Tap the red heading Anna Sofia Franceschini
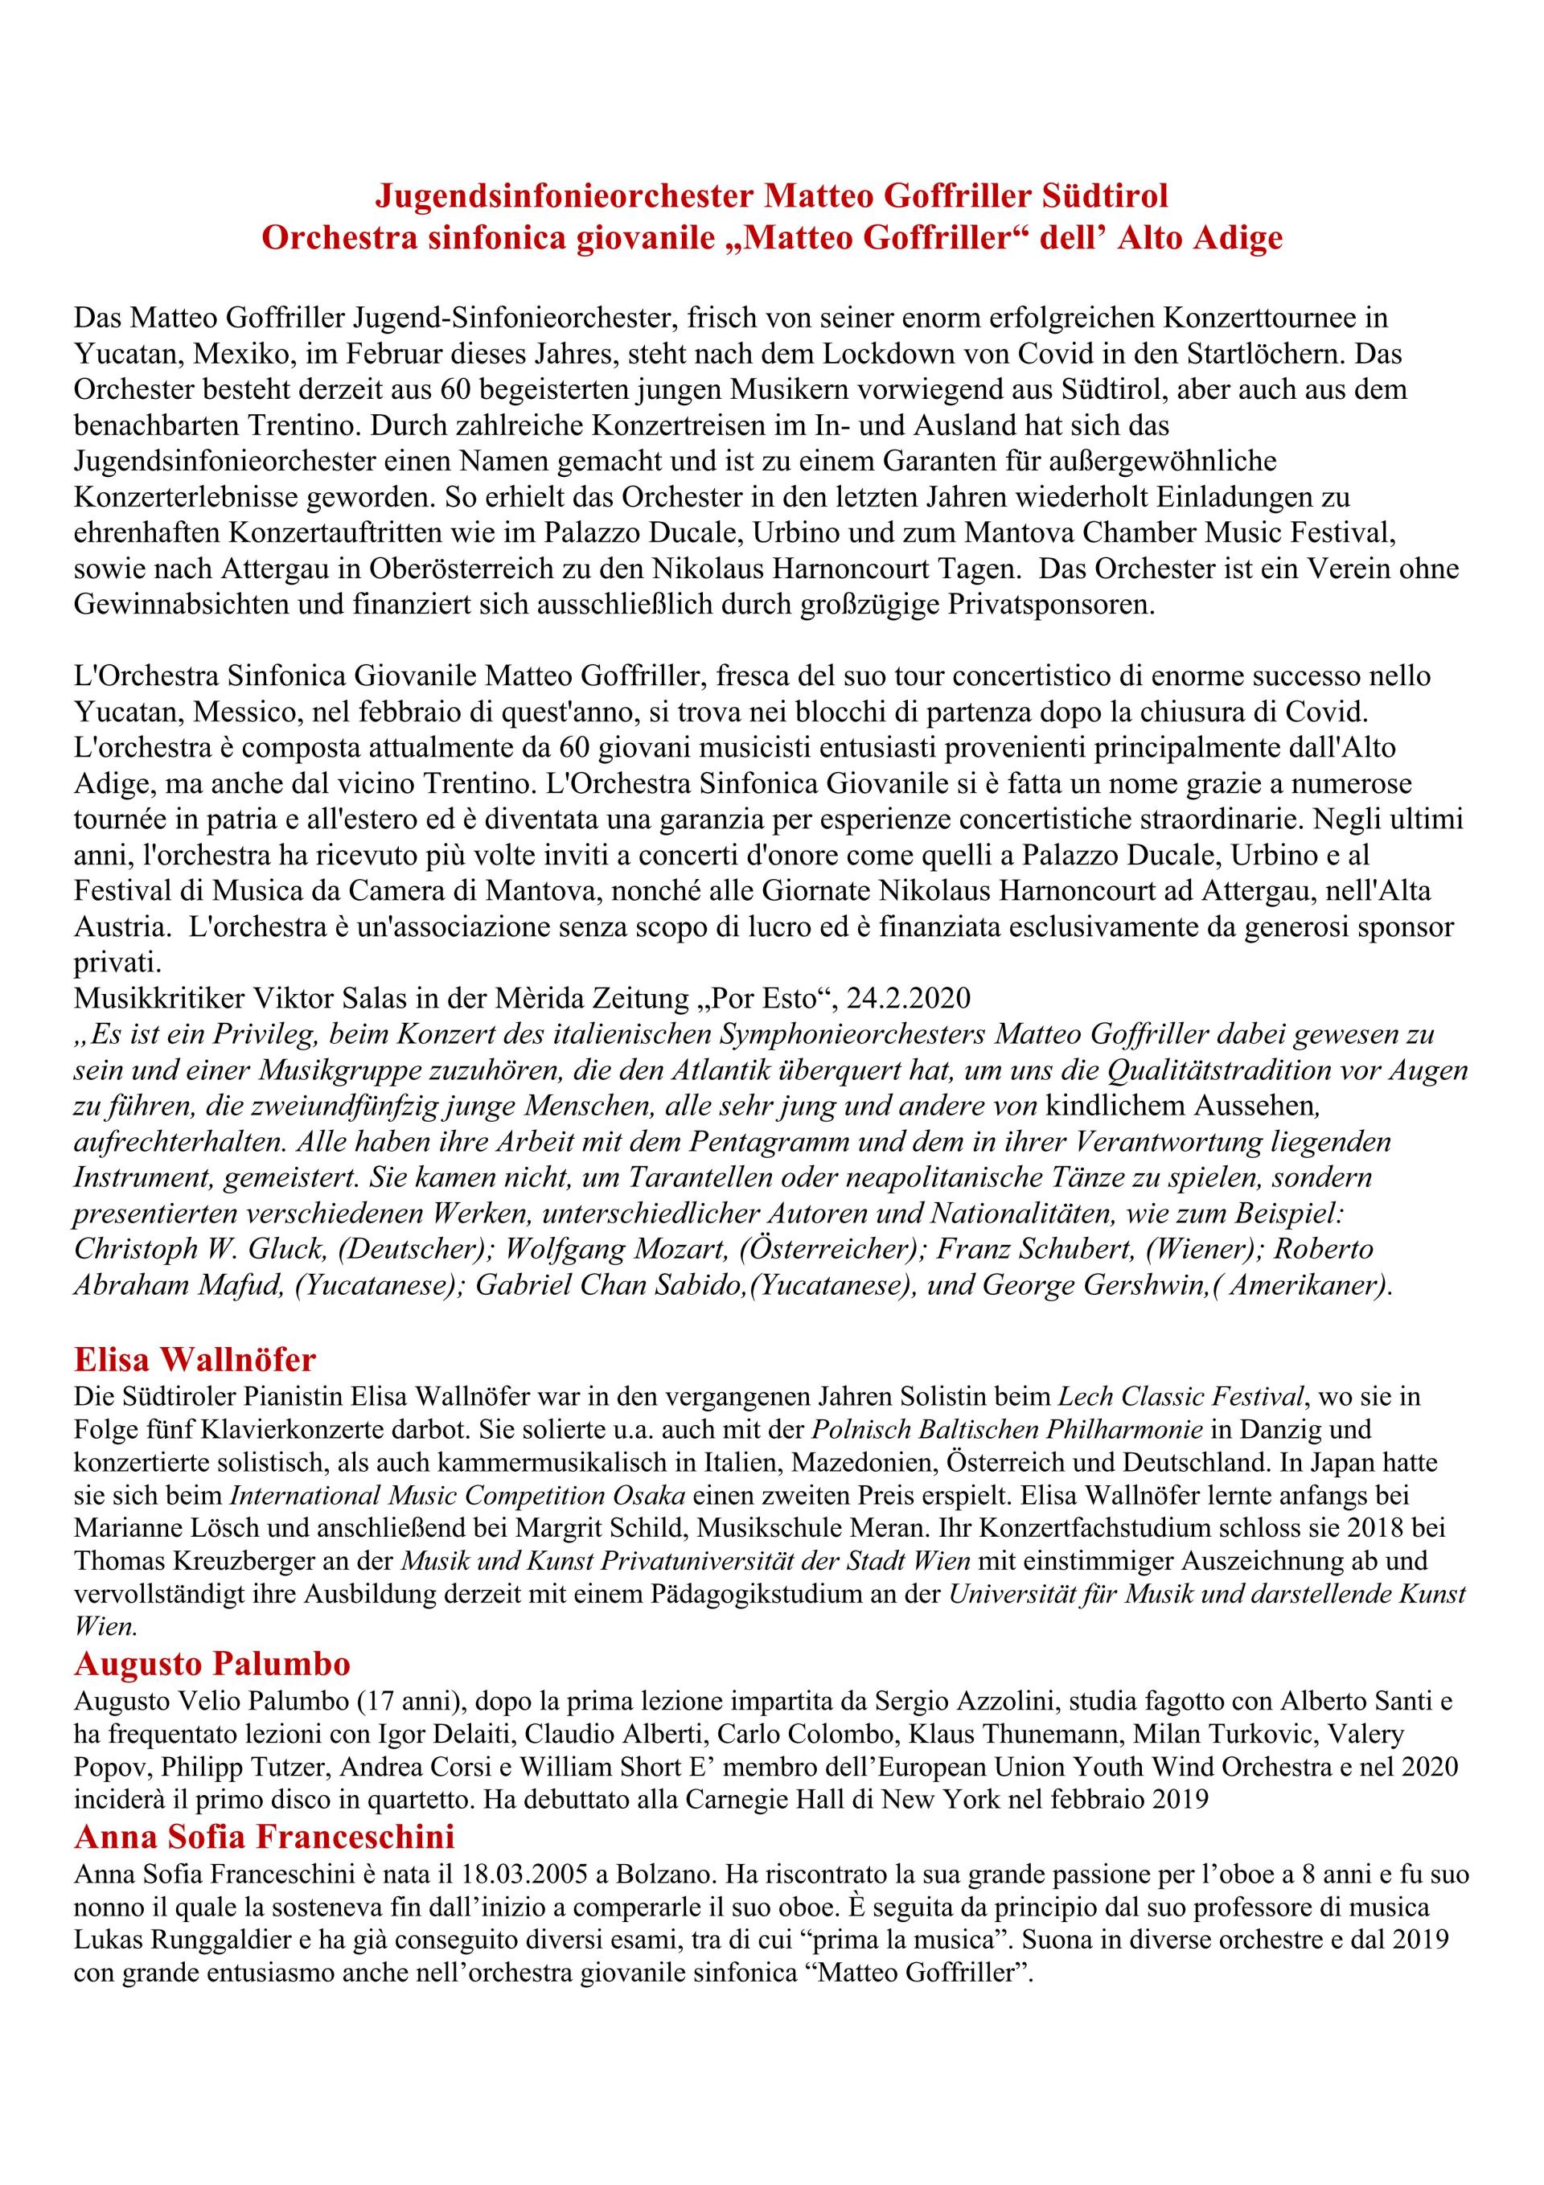[265, 1836]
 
